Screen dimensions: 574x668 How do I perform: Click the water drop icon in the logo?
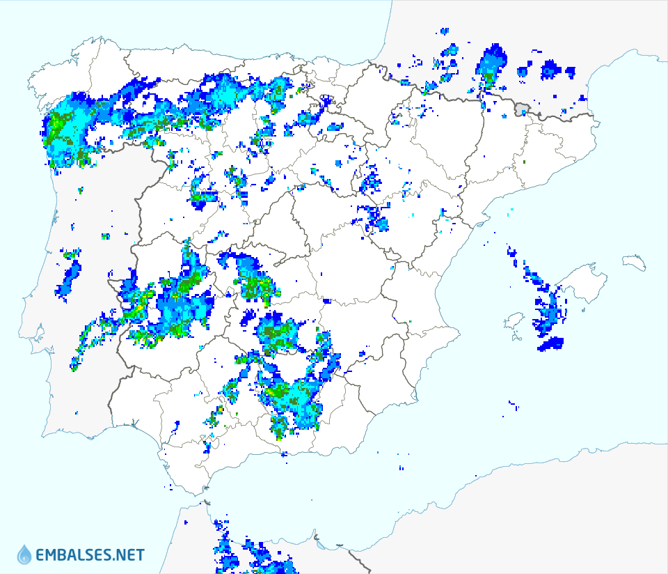point(24,554)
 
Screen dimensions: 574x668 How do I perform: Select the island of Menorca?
point(635,262)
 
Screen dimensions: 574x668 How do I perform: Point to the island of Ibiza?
point(514,321)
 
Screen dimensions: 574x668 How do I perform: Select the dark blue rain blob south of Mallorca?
point(552,343)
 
